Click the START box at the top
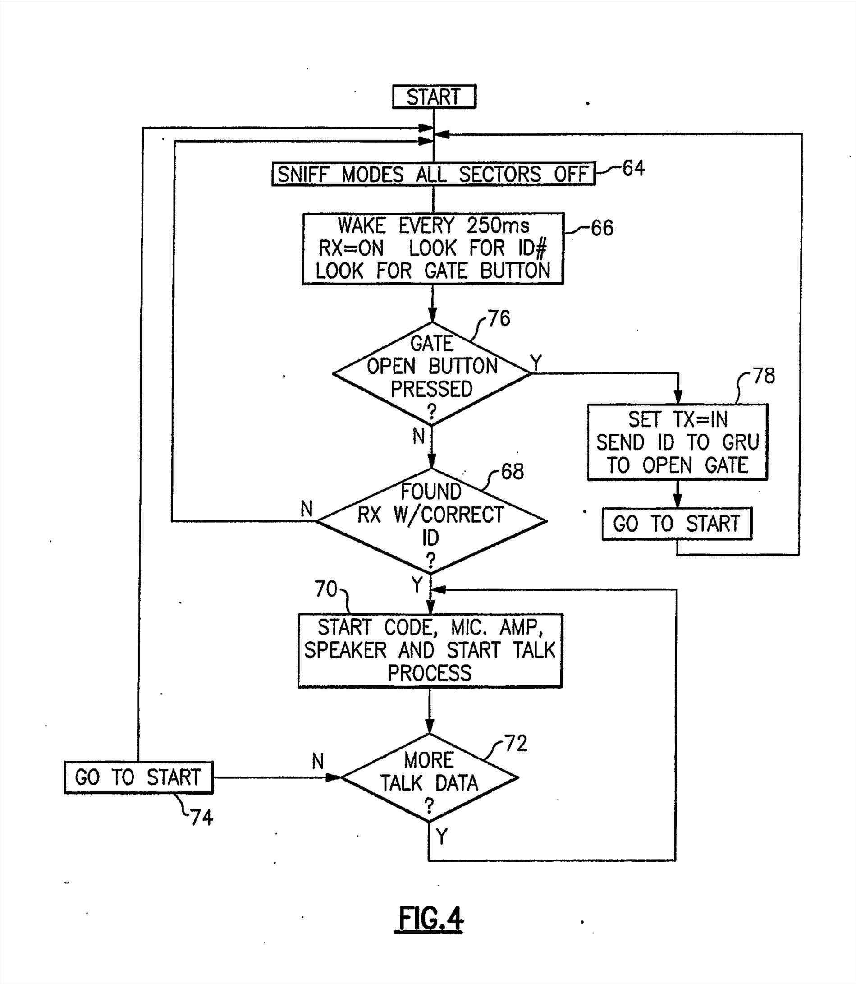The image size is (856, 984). click(x=434, y=97)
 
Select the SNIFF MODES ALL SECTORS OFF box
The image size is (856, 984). click(x=433, y=174)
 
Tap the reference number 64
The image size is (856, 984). click(x=633, y=168)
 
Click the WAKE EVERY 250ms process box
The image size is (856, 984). click(x=433, y=248)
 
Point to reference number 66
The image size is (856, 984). click(x=602, y=228)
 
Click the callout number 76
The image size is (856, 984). click(x=499, y=318)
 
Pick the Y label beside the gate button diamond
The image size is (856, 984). click(x=536, y=363)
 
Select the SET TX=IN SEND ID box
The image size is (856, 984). click(x=677, y=442)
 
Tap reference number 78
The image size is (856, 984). click(x=764, y=376)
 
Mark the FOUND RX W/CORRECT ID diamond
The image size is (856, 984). click(x=431, y=521)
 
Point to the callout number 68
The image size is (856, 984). click(x=512, y=471)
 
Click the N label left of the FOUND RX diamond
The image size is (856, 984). click(x=307, y=509)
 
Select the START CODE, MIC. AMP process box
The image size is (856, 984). click(x=430, y=650)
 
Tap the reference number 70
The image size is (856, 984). click(x=326, y=589)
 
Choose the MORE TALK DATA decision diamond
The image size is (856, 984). click(x=430, y=777)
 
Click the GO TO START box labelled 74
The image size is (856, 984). click(x=138, y=777)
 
